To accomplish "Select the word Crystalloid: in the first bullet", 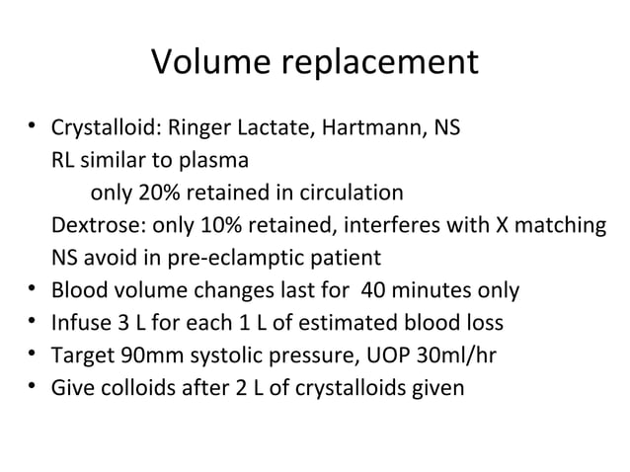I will click(x=107, y=128).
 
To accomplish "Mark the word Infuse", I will click(x=78, y=324).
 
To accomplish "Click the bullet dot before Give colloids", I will click(x=33, y=388).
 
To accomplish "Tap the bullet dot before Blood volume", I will click(x=33, y=290).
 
